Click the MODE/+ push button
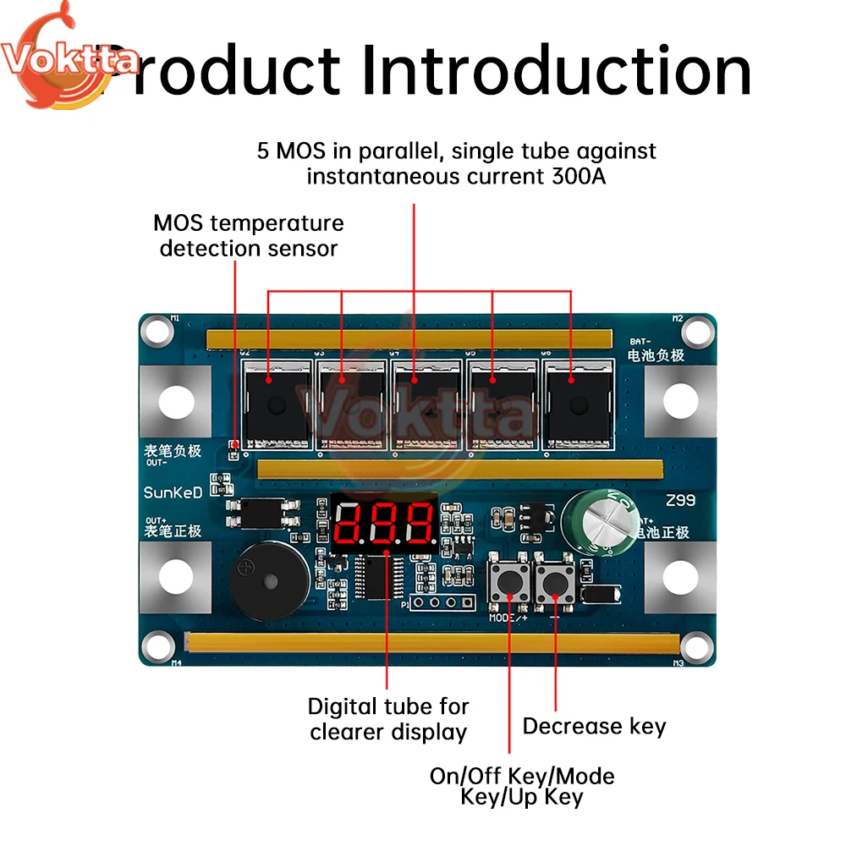click(x=510, y=582)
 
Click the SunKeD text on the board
click(x=173, y=492)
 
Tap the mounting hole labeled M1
click(x=158, y=331)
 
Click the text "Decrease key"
click(x=594, y=726)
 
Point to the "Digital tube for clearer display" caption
click(x=388, y=718)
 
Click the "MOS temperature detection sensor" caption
click(x=249, y=236)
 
